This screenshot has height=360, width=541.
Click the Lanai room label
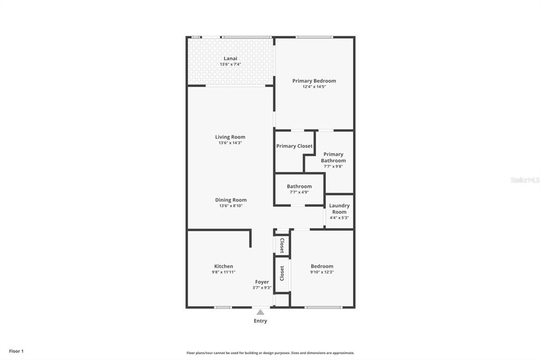tap(230, 58)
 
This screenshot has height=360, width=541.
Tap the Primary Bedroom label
tap(314, 81)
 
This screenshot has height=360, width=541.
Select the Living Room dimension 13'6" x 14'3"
tap(230, 143)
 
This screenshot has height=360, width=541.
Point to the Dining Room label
tap(231, 200)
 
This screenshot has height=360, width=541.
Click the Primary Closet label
tap(294, 146)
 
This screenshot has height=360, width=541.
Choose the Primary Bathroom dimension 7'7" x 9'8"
tap(333, 166)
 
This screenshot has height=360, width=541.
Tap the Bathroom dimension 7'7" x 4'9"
tap(299, 192)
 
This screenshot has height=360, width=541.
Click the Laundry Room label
tap(339, 209)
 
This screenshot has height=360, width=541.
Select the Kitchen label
tap(223, 267)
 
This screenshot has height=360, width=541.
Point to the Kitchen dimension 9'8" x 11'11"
tap(224, 272)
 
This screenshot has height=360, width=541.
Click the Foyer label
tap(262, 282)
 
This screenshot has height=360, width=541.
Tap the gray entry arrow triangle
tap(260, 312)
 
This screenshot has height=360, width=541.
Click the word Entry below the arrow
tap(260, 321)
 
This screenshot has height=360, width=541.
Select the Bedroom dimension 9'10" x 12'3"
tap(322, 272)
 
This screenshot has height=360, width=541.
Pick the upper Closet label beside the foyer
tap(282, 245)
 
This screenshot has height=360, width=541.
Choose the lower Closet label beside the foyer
tap(282, 273)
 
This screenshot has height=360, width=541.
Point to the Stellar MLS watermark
tap(525, 180)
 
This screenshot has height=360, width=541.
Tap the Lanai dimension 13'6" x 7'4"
tap(230, 64)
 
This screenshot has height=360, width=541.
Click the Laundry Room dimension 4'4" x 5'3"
tap(339, 217)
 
